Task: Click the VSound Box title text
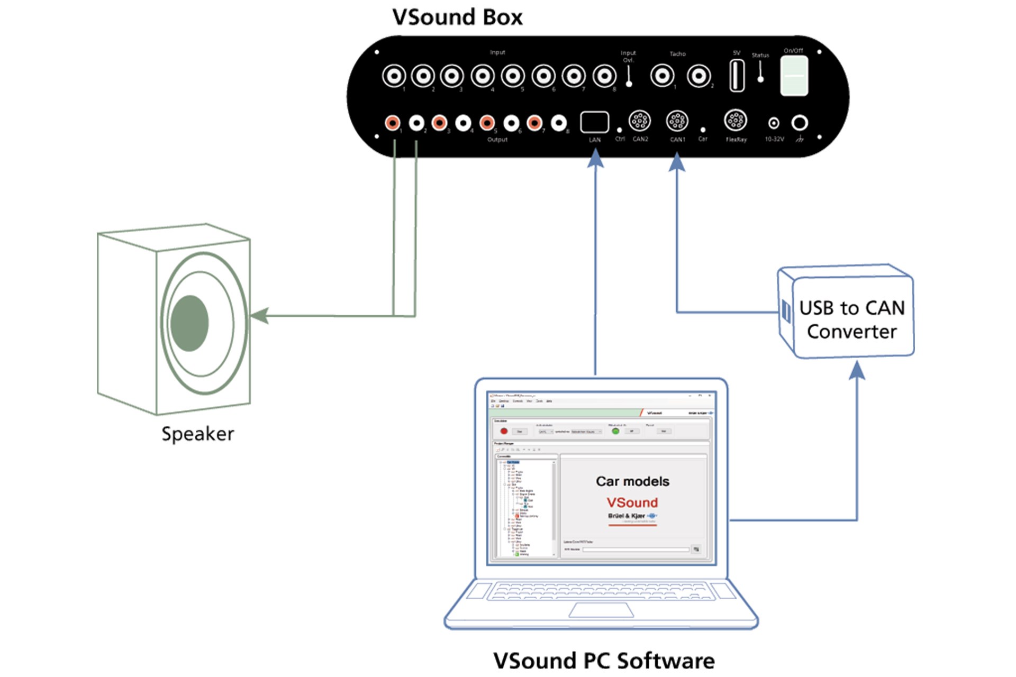pos(457,17)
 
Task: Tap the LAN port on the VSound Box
pos(594,122)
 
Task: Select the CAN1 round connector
pos(677,121)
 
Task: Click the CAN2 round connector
pos(639,121)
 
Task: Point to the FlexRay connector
pos(735,121)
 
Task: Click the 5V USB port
pos(737,76)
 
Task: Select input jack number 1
pos(394,76)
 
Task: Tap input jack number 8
pos(604,76)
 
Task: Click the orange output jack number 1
pos(392,123)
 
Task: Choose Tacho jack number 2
pos(698,76)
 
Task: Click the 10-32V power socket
pos(774,123)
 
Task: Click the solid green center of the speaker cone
pos(189,323)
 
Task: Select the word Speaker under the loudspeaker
pos(197,434)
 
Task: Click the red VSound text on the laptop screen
pos(632,502)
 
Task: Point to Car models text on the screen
pos(632,481)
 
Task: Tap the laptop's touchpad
pos(601,610)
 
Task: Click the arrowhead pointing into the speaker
pos(259,316)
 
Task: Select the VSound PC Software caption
pos(603,661)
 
